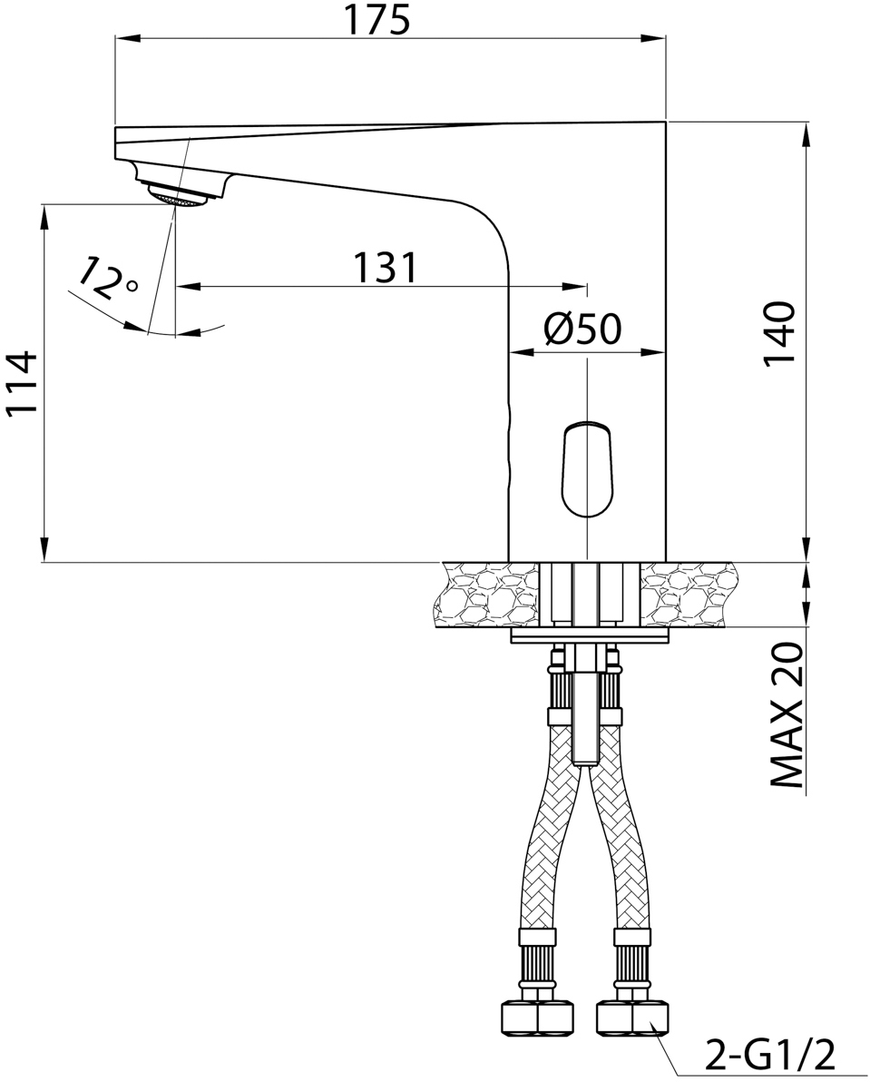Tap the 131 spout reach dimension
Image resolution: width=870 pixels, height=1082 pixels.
click(x=386, y=268)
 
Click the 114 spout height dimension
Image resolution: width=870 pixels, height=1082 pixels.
click(x=22, y=384)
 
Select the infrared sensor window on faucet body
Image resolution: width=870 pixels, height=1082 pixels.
click(x=586, y=469)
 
